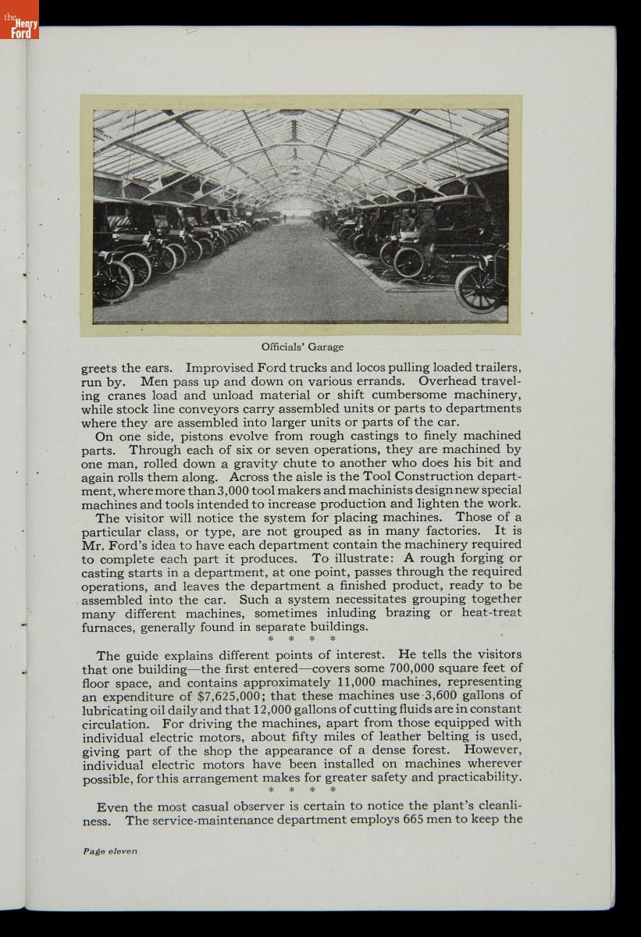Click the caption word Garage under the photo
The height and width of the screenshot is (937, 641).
point(327,347)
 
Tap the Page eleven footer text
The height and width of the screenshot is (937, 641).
point(109,851)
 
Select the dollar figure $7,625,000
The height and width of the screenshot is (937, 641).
point(243,696)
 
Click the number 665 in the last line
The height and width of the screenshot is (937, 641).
point(415,820)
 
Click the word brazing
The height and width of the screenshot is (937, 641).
point(408,613)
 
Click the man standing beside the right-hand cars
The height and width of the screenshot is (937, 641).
point(427,238)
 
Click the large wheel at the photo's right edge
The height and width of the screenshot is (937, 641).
point(479,289)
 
